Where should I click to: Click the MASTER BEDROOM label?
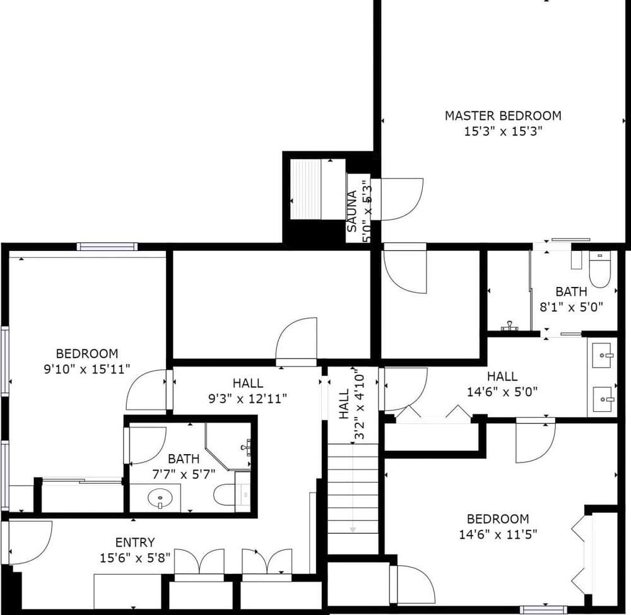(503, 115)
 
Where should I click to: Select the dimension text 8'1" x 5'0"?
(571, 307)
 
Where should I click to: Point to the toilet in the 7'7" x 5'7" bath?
(226, 495)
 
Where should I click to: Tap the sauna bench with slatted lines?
(306, 189)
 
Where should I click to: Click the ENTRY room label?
(135, 542)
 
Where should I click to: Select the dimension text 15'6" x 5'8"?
(135, 558)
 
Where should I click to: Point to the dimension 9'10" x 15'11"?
(86, 369)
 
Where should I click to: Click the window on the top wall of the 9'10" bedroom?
(107, 247)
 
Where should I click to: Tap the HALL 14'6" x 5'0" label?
(502, 377)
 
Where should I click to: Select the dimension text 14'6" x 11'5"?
(497, 534)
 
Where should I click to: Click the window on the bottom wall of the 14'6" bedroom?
(543, 609)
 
